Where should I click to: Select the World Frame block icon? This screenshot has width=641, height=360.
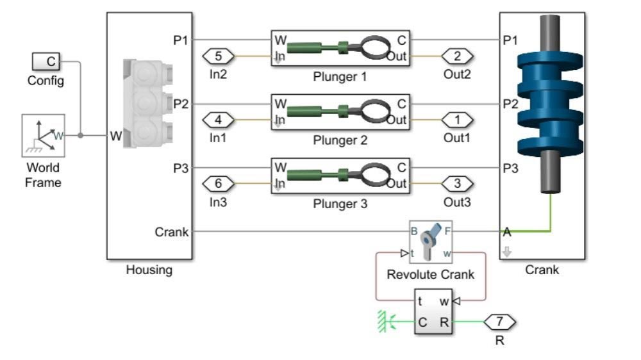click(43, 136)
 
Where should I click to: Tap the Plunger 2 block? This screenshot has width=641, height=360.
click(340, 112)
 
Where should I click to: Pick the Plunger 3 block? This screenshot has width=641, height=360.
click(340, 176)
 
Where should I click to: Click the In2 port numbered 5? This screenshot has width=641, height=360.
click(219, 56)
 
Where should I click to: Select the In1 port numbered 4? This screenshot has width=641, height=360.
click(219, 120)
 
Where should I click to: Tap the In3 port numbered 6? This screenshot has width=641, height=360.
click(219, 184)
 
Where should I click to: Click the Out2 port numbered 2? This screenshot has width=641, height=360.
click(457, 56)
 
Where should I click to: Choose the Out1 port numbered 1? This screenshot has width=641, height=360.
click(457, 120)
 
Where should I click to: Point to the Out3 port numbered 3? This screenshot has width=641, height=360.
click(457, 184)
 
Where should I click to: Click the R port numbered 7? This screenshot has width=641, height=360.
click(500, 322)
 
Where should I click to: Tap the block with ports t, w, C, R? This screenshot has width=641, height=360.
click(433, 312)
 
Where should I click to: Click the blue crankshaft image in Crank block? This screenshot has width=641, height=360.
click(551, 102)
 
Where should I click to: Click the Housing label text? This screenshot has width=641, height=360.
click(149, 270)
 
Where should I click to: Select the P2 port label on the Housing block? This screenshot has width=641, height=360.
click(181, 104)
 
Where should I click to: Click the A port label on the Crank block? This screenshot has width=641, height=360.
click(507, 232)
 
